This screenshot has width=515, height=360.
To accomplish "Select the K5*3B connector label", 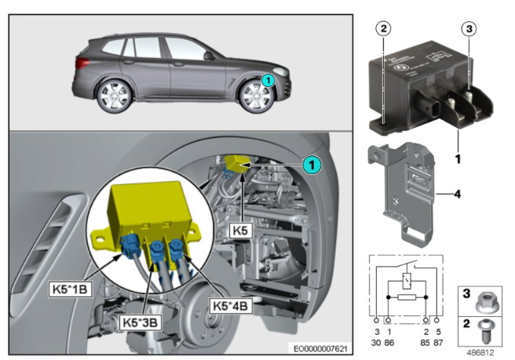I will click(x=140, y=322).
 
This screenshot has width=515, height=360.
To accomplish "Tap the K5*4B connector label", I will click(x=229, y=301).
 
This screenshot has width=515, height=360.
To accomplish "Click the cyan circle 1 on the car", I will click(x=267, y=79).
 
